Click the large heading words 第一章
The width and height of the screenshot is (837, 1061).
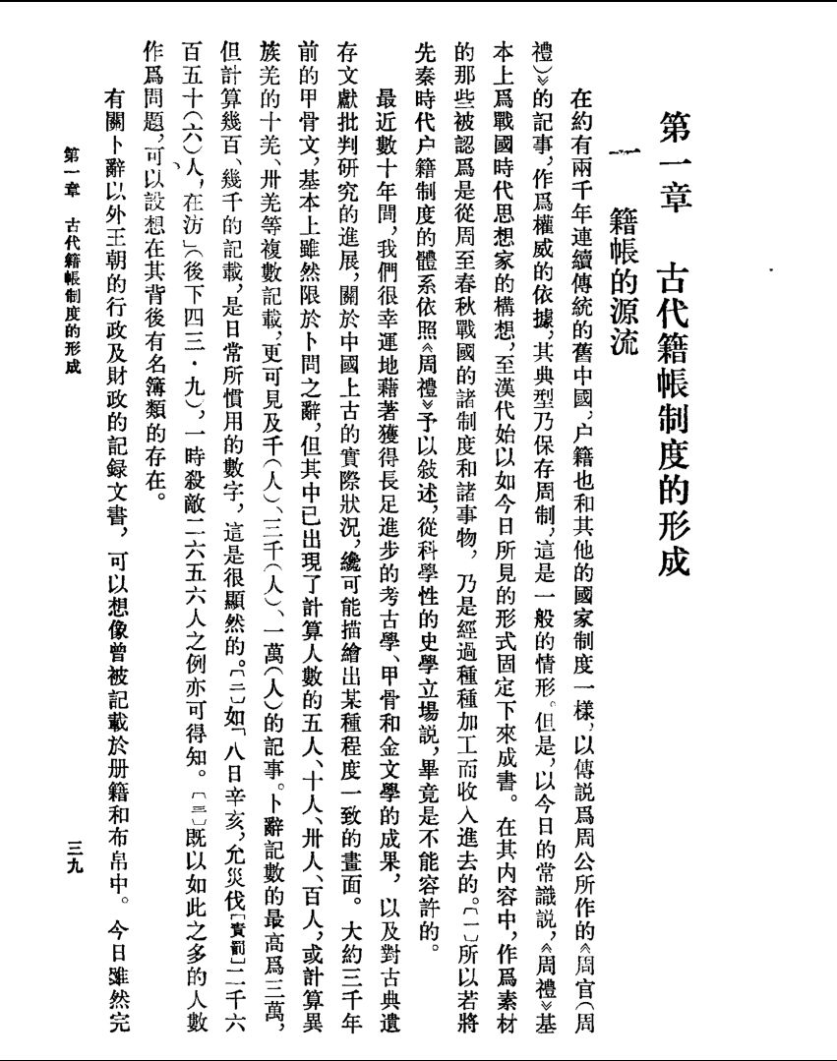point(673,152)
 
